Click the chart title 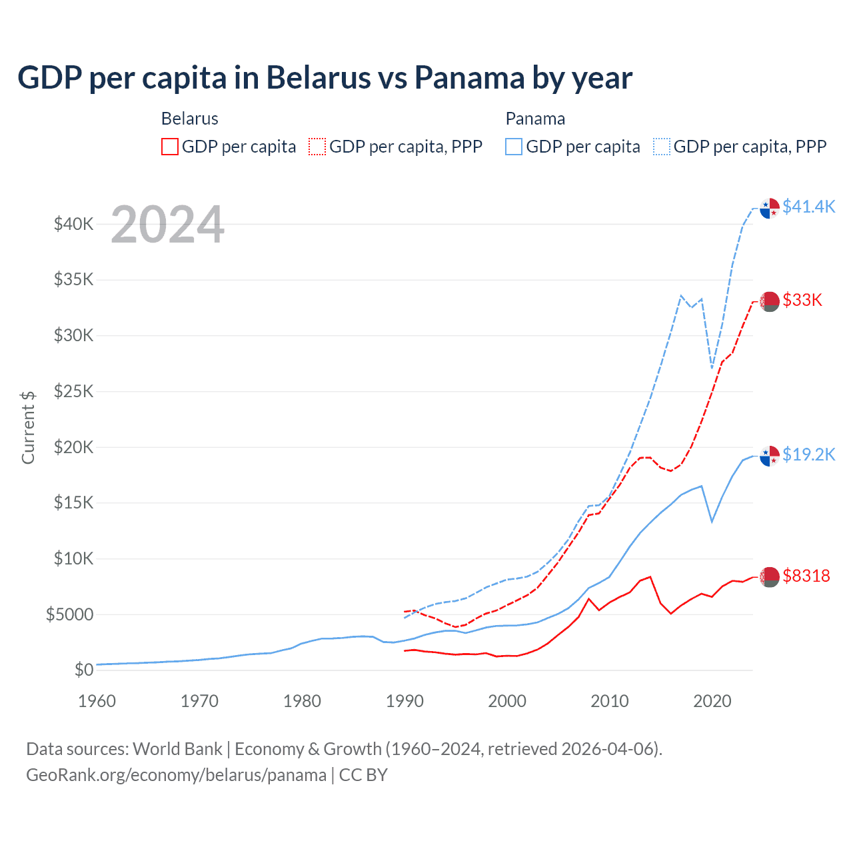325,78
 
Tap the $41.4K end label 808,207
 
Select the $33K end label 802,300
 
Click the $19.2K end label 808,454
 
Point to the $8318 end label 806,576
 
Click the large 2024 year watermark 167,225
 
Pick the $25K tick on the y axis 73,391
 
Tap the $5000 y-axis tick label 69,614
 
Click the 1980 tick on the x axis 302,701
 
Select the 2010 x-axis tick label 610,701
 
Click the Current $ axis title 28,427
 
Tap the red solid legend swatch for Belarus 170,147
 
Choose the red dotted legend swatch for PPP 317,147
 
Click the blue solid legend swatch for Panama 514,147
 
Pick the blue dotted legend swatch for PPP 662,147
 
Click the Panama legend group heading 535,119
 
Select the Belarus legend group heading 190,119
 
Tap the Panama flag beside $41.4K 770,208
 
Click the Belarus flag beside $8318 770,577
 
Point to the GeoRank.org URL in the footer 176,775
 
